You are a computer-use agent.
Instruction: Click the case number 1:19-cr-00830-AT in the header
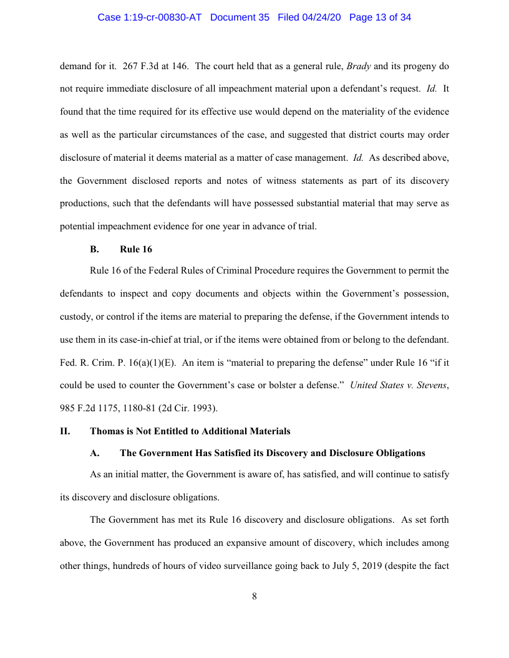click(x=150, y=17)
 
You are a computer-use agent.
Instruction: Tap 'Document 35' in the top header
click(x=240, y=17)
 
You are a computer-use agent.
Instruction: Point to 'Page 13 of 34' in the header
click(x=380, y=17)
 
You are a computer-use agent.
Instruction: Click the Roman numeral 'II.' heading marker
click(x=65, y=431)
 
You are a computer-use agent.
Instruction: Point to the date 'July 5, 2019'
click(x=348, y=565)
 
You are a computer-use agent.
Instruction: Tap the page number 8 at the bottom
click(x=254, y=596)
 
